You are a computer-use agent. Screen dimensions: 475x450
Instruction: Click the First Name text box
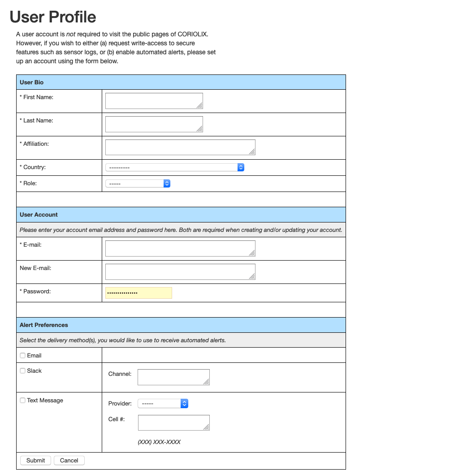point(154,101)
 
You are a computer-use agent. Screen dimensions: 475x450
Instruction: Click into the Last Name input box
point(154,124)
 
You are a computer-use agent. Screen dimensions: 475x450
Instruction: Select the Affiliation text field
point(180,148)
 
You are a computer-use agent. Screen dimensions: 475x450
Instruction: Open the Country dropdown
point(175,167)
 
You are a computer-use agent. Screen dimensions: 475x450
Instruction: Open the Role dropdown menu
point(138,183)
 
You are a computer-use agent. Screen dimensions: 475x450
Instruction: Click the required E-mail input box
point(180,248)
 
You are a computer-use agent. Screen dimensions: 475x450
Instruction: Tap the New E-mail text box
point(180,272)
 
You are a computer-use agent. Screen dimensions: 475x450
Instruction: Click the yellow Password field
point(138,293)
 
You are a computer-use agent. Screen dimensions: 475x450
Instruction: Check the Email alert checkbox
point(23,356)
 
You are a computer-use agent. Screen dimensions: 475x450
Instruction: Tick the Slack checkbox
point(23,371)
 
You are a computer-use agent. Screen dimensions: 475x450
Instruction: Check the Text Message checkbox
point(23,401)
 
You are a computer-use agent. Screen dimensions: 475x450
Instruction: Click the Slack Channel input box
point(173,377)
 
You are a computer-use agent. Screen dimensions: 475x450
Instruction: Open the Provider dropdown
point(163,404)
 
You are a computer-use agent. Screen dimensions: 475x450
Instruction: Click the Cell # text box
point(173,423)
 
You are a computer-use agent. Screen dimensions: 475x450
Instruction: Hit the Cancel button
point(69,461)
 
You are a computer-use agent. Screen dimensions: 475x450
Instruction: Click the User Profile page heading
point(53,17)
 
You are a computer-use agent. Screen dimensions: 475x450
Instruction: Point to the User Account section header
point(39,215)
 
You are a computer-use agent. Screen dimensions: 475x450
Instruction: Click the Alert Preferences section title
point(44,325)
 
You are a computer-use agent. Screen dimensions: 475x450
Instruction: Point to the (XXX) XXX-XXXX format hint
point(159,442)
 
